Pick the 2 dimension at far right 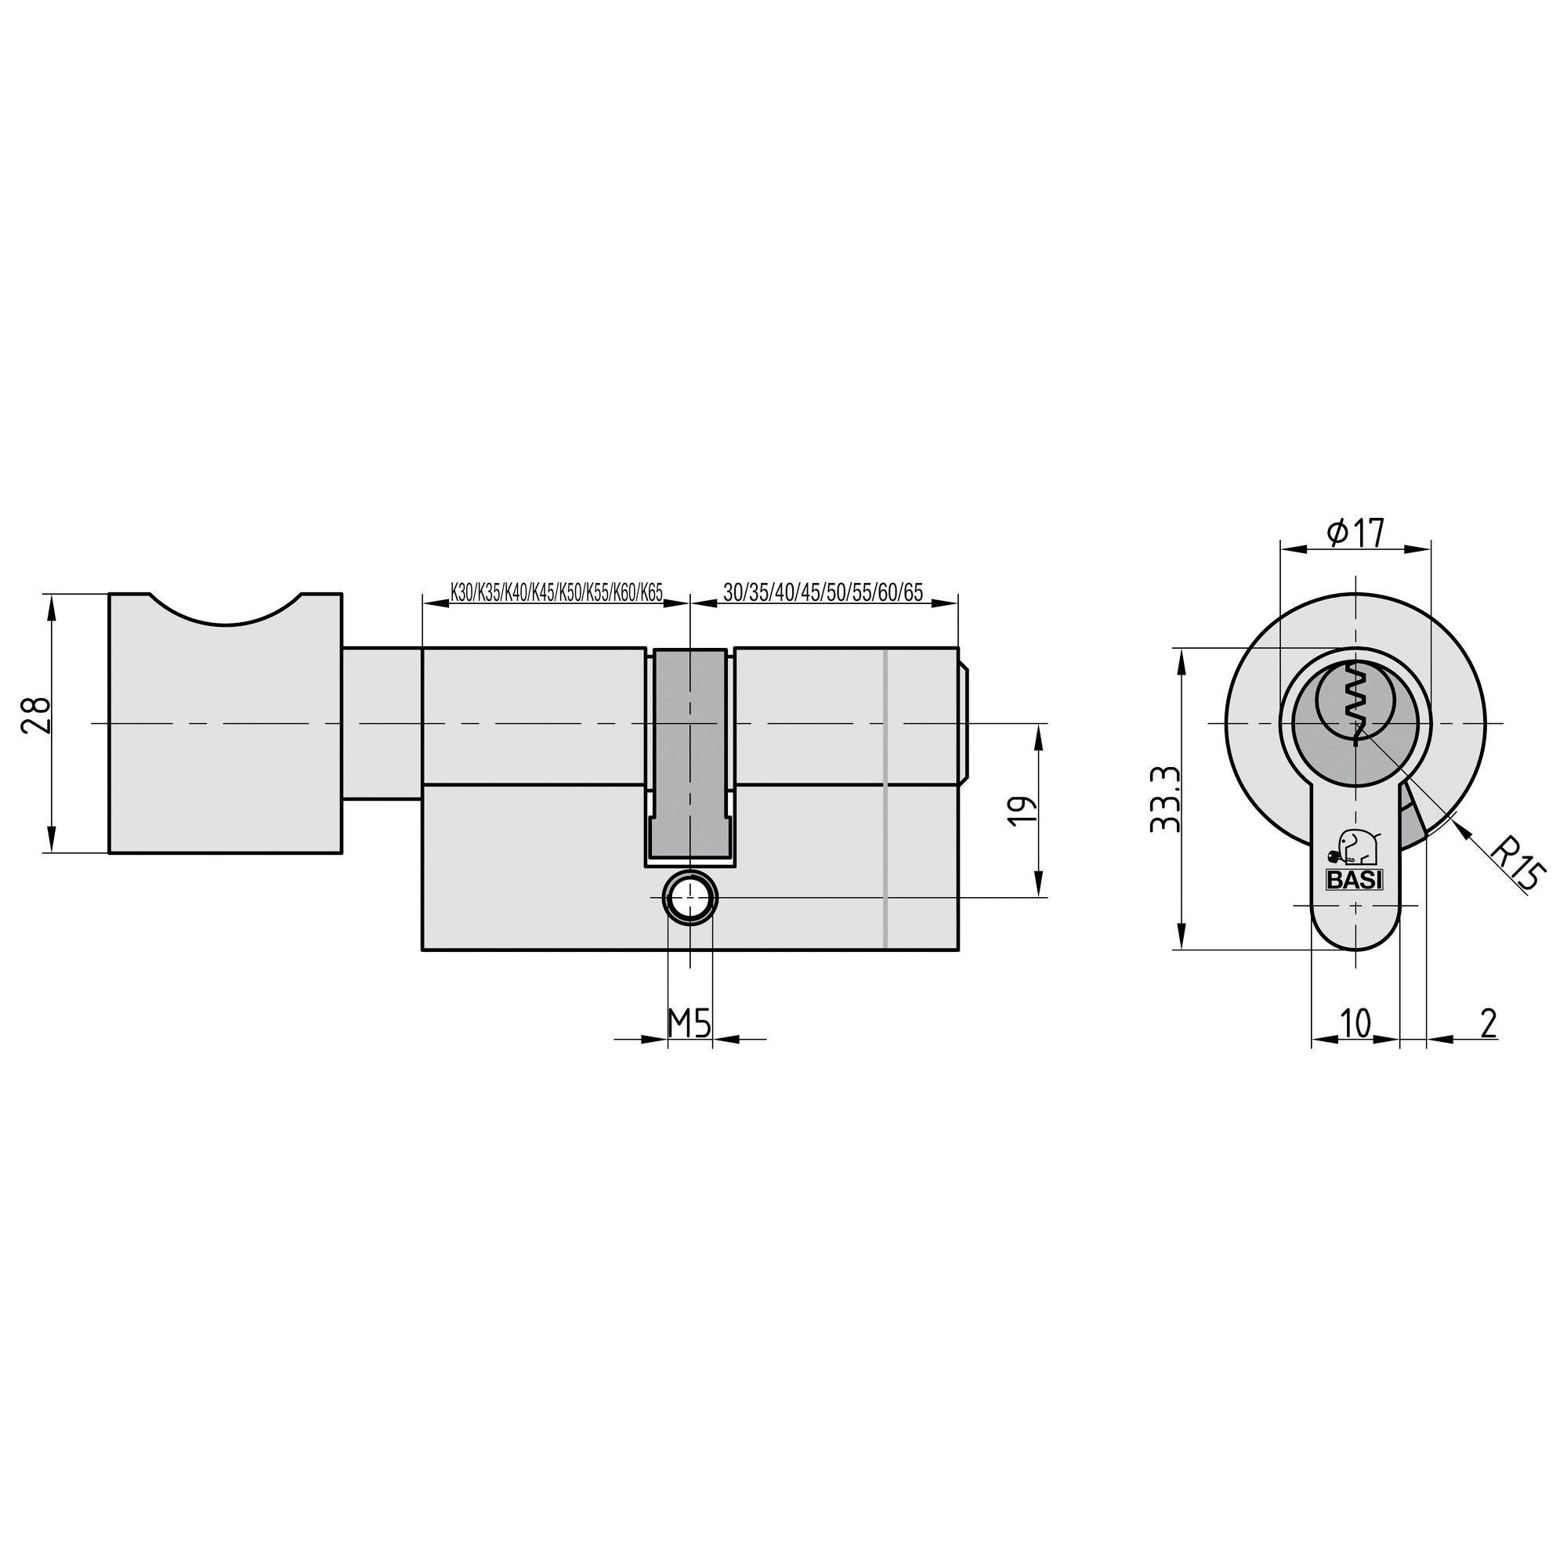[1488, 1022]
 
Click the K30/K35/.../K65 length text [556, 592]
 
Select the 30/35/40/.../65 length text [823, 592]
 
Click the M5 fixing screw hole [689, 898]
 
